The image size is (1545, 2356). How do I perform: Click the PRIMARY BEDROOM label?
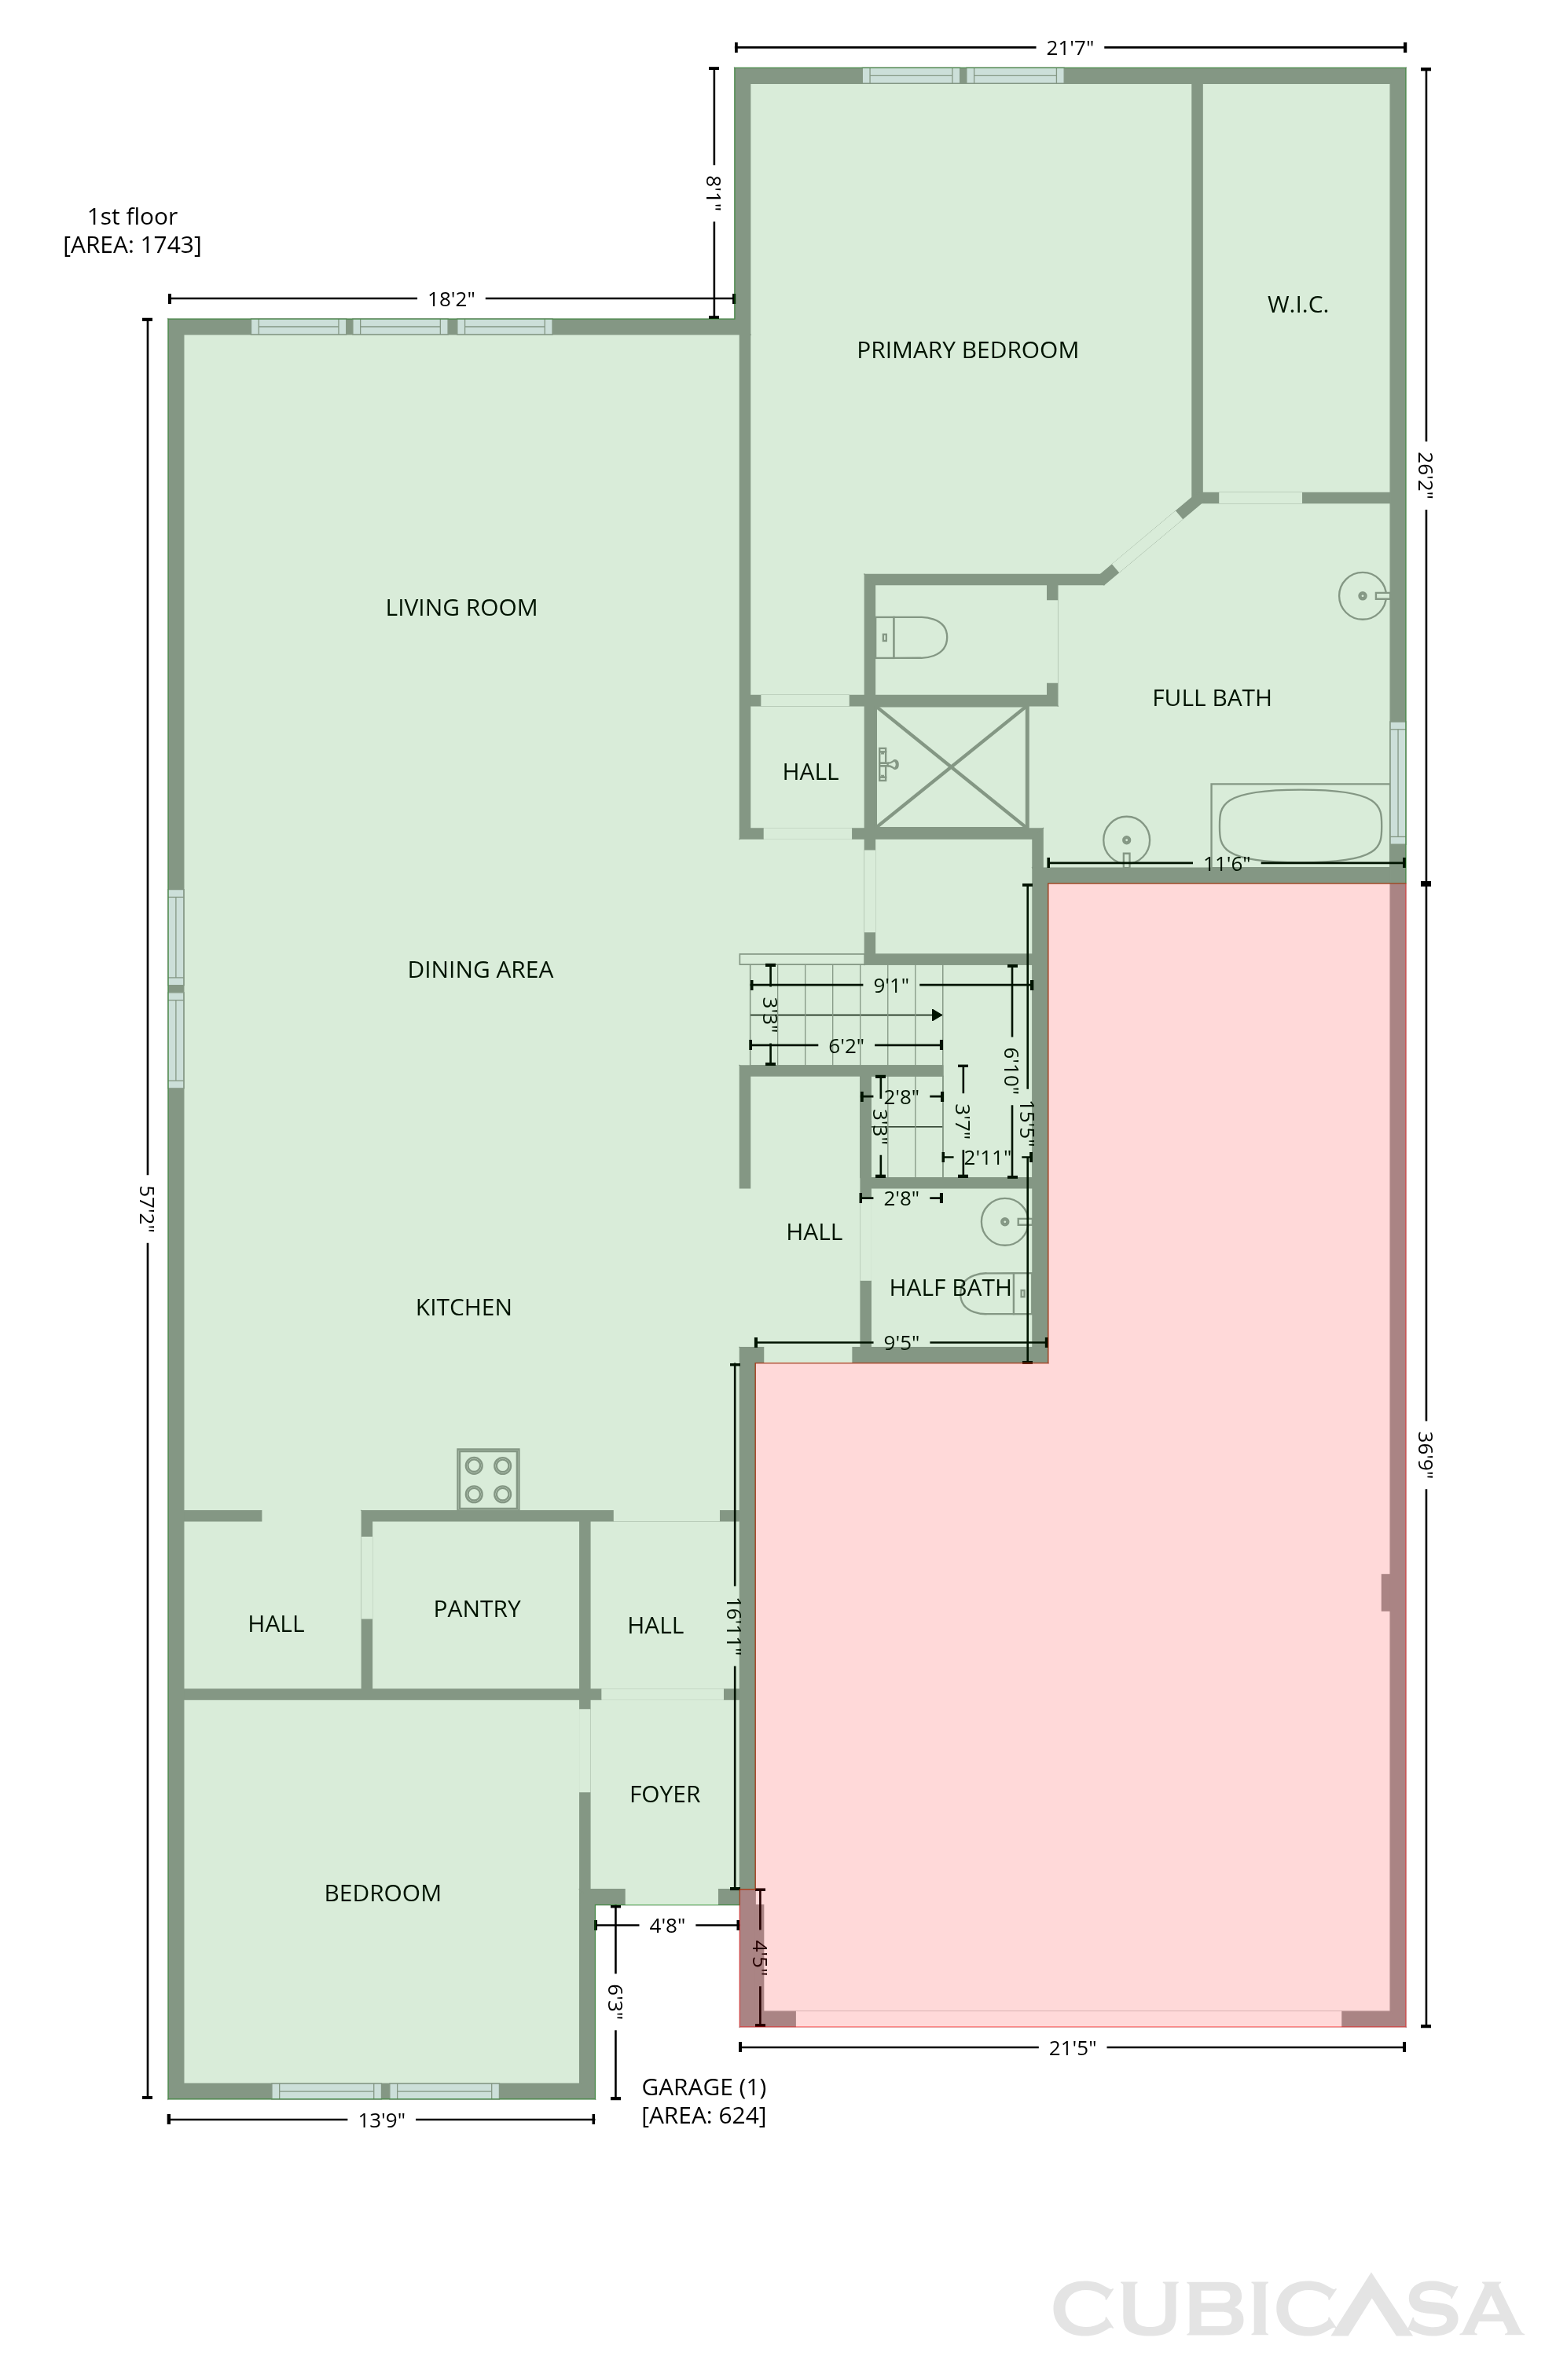pyautogui.click(x=967, y=349)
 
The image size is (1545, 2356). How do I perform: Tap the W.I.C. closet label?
pyautogui.click(x=1297, y=305)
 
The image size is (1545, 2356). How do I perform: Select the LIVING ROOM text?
pyautogui.click(x=461, y=608)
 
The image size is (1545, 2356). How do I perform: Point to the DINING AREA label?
pyautogui.click(x=480, y=970)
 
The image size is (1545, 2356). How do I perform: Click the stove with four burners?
pyautogui.click(x=488, y=1479)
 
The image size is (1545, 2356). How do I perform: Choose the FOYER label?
pyautogui.click(x=665, y=1794)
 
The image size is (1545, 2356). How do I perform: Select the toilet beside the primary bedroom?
pyautogui.click(x=912, y=638)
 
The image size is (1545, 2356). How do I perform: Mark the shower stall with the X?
pyautogui.click(x=952, y=767)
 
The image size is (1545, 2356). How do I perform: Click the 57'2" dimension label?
pyautogui.click(x=147, y=1208)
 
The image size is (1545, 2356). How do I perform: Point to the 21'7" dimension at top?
pyautogui.click(x=1070, y=46)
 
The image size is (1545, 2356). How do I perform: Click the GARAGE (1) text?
pyautogui.click(x=704, y=2087)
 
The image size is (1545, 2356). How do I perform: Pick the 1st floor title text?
pyautogui.click(x=132, y=217)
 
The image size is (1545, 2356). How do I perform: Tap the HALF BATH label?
pyautogui.click(x=950, y=1288)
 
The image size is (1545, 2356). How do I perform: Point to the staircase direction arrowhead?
pyautogui.click(x=936, y=1015)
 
